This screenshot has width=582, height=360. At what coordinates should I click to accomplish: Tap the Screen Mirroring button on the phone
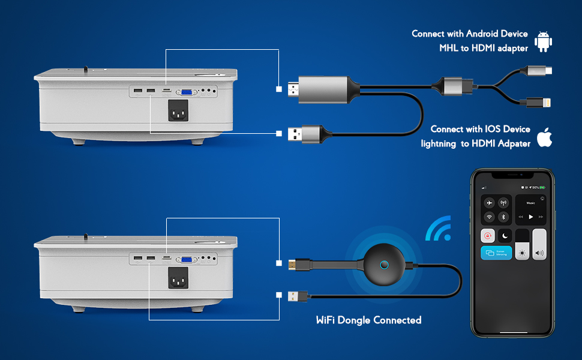[x=496, y=253]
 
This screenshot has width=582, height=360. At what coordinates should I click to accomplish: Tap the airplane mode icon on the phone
[x=490, y=203]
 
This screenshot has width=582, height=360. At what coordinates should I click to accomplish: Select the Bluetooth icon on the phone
[x=504, y=217]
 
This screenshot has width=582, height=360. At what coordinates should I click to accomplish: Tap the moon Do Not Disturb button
[x=504, y=236]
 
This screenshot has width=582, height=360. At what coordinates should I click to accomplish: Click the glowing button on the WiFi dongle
[x=383, y=265]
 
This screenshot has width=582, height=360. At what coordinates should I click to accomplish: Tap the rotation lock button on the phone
[x=488, y=236]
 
